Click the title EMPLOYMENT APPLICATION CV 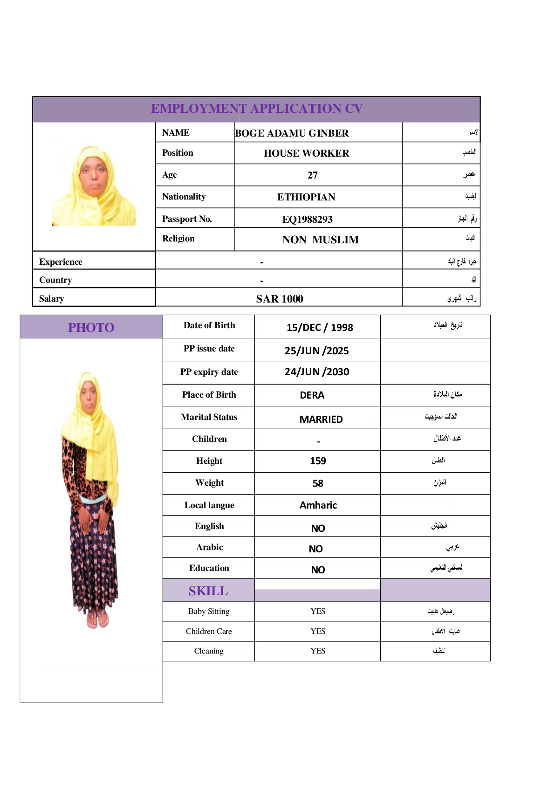pos(257,109)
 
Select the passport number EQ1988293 pos(308,219)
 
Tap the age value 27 pos(313,175)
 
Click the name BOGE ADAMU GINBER pos(292,133)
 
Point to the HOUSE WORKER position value pos(306,153)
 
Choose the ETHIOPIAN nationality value pos(306,197)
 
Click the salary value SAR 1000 pos(280,299)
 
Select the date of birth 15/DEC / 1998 pos(320,328)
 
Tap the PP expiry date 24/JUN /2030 pos(317,372)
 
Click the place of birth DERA pos(312,395)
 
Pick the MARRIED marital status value pos(321,420)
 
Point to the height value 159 pos(318,461)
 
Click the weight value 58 pos(318,483)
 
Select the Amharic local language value pos(318,505)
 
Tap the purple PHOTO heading pos(91,328)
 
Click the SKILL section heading pos(208,591)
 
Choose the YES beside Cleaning pos(318,651)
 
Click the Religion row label pos(178,239)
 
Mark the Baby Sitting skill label pos(209,612)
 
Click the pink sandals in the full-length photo pos(98,619)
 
